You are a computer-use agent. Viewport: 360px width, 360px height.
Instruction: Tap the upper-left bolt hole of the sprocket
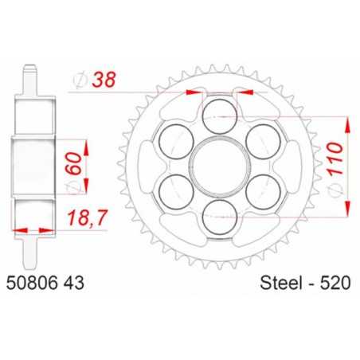pos(174,143)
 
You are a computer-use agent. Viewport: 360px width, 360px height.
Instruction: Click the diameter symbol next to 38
pos(77,80)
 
